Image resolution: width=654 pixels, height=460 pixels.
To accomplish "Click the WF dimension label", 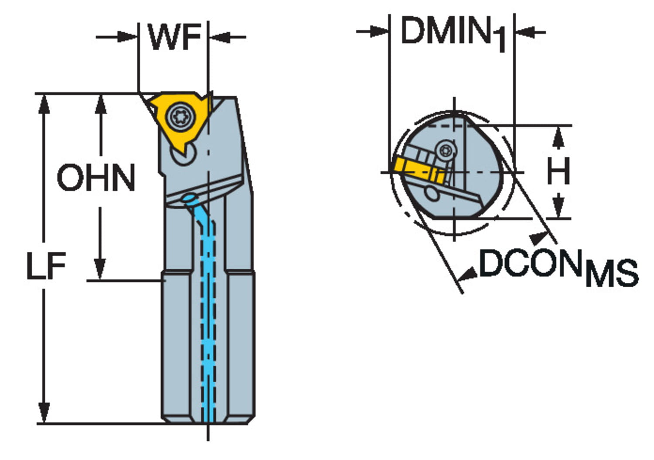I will coord(174,37).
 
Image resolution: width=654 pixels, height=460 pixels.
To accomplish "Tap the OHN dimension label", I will coord(96,178).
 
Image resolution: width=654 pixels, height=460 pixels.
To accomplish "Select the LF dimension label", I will coord(46,266).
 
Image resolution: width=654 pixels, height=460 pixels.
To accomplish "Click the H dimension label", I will coord(558,171).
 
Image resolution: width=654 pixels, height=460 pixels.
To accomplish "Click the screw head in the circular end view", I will coord(446,150).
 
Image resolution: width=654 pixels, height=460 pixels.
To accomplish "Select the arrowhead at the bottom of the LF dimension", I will coord(44,412).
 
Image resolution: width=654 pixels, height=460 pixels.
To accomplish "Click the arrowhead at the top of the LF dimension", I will coord(44,104).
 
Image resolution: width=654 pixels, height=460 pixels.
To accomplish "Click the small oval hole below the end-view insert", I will coord(432,193).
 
